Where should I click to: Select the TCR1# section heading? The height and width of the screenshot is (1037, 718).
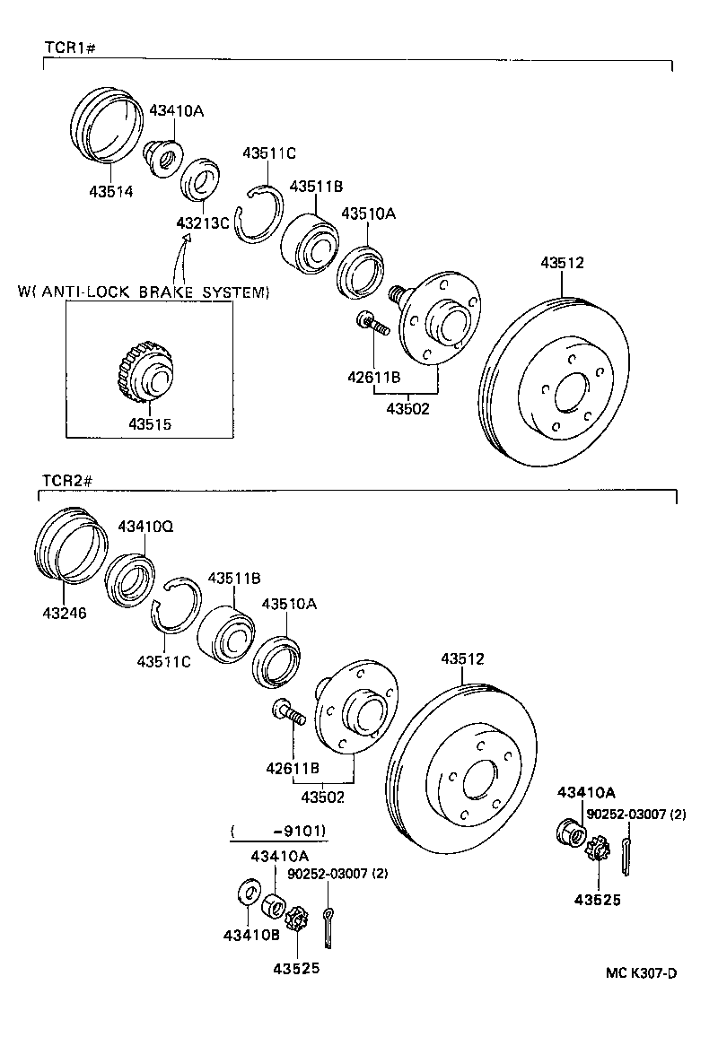(69, 47)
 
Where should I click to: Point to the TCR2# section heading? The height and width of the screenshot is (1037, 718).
(68, 482)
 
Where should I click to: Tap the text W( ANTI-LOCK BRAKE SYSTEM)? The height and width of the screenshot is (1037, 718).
(144, 292)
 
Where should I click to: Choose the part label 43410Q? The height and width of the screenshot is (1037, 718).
(145, 527)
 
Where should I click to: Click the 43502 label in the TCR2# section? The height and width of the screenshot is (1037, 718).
(323, 796)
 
